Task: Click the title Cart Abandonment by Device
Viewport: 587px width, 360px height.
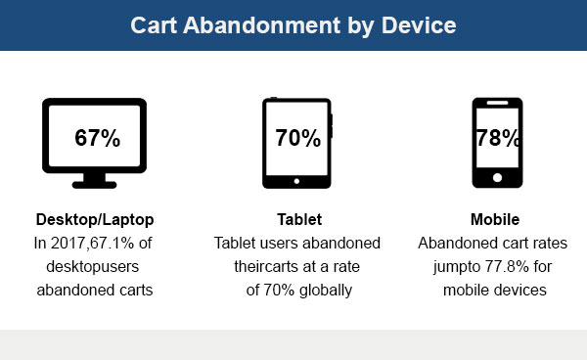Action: click(293, 24)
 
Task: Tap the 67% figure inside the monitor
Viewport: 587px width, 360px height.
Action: click(98, 138)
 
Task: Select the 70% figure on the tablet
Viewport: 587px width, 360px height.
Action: click(297, 138)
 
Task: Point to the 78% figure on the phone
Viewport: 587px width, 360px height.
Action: click(498, 138)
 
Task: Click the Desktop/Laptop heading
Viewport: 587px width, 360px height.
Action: click(95, 218)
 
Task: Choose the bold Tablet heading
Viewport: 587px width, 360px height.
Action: click(297, 218)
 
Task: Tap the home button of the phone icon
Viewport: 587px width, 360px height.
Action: click(497, 177)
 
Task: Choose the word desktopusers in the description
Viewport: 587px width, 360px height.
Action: click(95, 265)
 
